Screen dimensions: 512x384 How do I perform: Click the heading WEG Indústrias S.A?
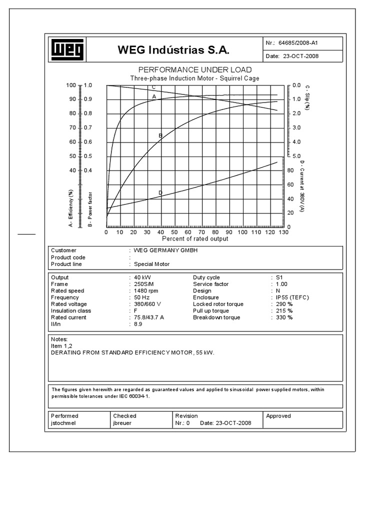coord(173,50)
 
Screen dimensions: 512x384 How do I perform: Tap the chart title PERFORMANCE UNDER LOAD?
coord(194,70)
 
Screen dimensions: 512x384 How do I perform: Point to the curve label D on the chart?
coord(160,192)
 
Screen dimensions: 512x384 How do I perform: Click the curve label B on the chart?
coord(160,135)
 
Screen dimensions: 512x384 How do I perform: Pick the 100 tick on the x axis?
coord(242,232)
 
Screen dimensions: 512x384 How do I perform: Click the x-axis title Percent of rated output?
coord(194,239)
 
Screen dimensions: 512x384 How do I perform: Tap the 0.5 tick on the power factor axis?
coord(88,156)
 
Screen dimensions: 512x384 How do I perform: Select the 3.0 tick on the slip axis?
coord(296,128)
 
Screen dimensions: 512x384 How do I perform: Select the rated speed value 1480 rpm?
coord(145,291)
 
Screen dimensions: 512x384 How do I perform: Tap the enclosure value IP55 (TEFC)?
coord(292,297)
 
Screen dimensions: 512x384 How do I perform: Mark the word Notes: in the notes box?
coord(59,339)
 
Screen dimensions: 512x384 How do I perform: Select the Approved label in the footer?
coord(278,416)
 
